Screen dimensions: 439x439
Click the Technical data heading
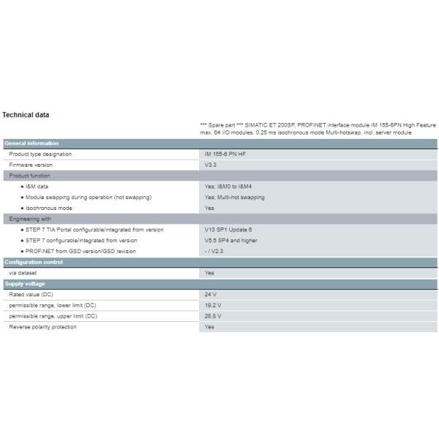pos(26,116)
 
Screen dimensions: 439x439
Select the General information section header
pos(31,143)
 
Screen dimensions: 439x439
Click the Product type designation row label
pos(40,154)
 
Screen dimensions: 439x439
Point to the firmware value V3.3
pos(211,165)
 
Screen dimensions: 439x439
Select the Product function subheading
pos(29,176)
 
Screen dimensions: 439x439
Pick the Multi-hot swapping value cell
pos(235,198)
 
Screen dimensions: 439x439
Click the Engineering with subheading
pos(30,219)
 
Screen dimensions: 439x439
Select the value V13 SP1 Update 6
pos(228,230)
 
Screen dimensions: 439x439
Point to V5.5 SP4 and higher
pos(231,240)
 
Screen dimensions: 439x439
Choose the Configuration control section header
pos(34,262)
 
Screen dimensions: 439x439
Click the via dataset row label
pos(23,272)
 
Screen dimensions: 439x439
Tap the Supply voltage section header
pos(25,283)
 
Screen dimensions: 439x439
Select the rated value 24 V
pos(211,294)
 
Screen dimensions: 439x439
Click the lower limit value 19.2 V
pos(213,305)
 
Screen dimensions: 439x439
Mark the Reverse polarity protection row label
pos(42,327)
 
